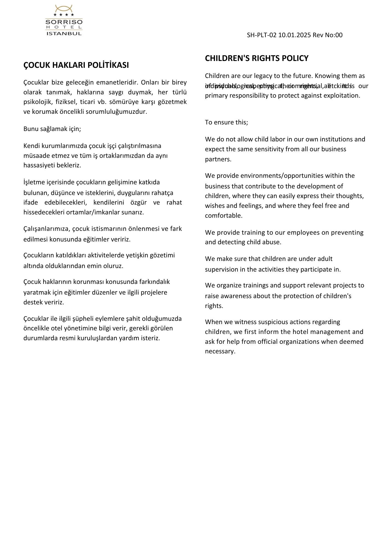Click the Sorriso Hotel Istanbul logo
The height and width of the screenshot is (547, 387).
(x=64, y=20)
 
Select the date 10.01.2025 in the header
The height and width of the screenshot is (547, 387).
(x=294, y=35)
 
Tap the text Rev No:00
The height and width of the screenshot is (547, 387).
(x=327, y=35)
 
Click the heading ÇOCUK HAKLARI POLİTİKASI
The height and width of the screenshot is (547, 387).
(x=76, y=65)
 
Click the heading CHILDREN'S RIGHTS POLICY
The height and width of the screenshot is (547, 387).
(x=256, y=58)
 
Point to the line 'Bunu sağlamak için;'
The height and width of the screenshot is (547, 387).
(x=52, y=129)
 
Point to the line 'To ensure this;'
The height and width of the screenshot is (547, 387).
(x=226, y=122)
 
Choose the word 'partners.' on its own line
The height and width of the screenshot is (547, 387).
(x=218, y=159)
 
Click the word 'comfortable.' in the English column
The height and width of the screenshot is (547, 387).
(x=224, y=216)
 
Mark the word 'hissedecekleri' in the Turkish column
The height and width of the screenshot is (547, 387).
(x=44, y=212)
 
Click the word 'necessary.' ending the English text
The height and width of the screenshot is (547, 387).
(x=220, y=351)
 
